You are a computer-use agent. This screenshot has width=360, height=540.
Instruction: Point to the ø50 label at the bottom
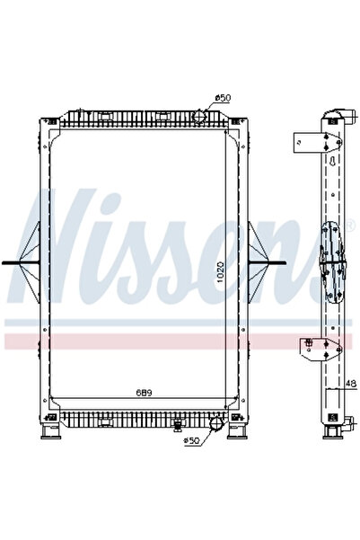pos(191,440)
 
